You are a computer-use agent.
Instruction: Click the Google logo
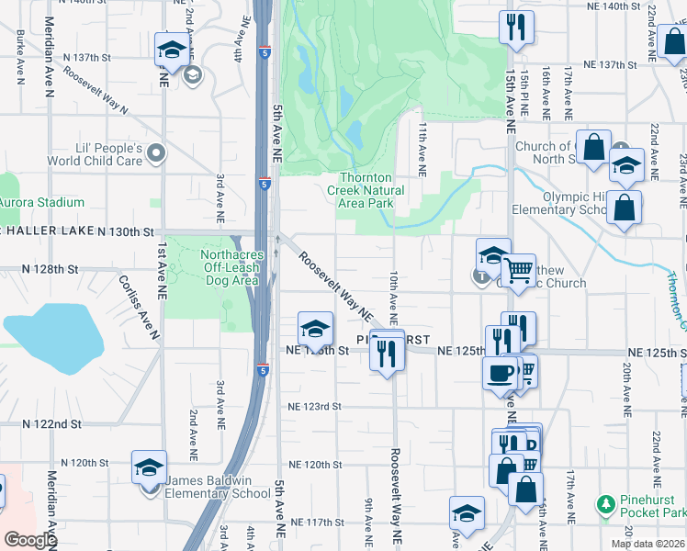pyautogui.click(x=29, y=539)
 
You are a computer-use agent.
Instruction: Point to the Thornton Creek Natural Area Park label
pyautogui.click(x=366, y=190)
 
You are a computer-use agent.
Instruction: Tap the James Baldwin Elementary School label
pyautogui.click(x=218, y=493)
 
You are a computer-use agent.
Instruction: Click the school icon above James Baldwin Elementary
pyautogui.click(x=149, y=467)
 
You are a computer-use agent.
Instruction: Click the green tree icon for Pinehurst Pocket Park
pyautogui.click(x=604, y=504)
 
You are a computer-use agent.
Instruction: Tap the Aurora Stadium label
pyautogui.click(x=40, y=202)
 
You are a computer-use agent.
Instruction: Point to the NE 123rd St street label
pyautogui.click(x=314, y=406)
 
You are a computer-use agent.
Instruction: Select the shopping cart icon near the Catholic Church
pyautogui.click(x=519, y=271)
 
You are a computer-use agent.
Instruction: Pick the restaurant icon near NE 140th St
pyautogui.click(x=517, y=27)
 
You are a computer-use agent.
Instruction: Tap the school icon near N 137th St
pyautogui.click(x=171, y=51)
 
